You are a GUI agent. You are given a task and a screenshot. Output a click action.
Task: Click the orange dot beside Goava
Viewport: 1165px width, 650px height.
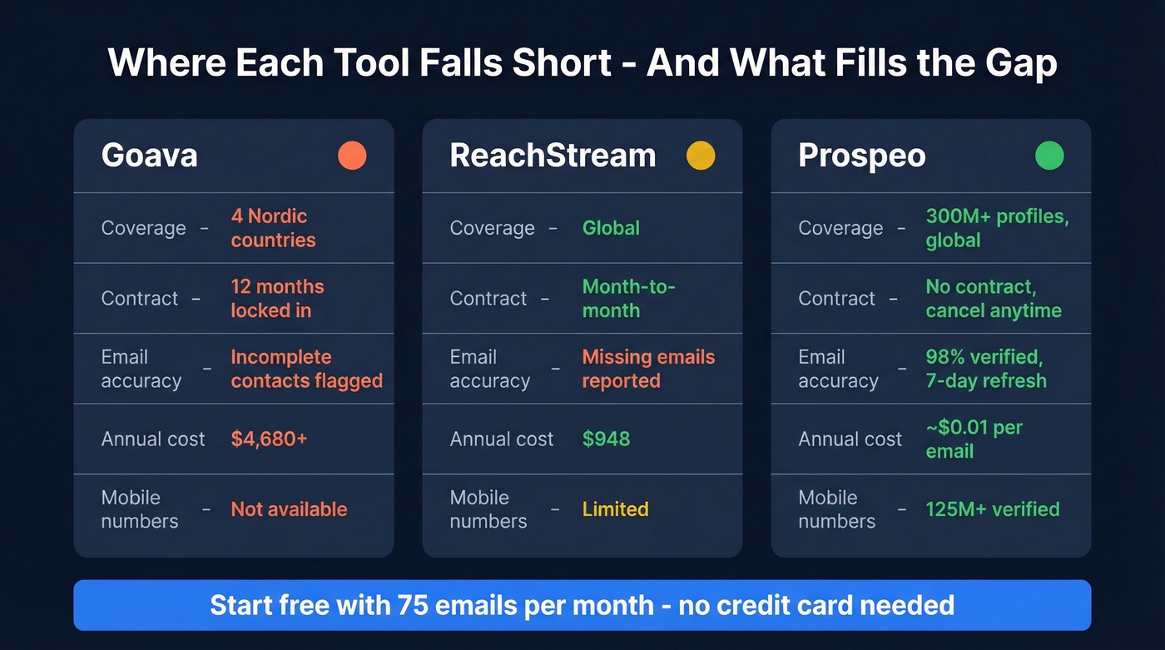(352, 156)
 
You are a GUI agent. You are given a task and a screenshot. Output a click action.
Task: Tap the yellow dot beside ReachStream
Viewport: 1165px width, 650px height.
(701, 156)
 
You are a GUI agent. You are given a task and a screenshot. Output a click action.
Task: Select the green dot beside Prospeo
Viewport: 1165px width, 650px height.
(1049, 156)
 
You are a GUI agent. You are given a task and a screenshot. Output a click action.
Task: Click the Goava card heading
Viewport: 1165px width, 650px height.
(150, 156)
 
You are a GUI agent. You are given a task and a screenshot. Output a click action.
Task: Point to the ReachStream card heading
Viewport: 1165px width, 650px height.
(553, 156)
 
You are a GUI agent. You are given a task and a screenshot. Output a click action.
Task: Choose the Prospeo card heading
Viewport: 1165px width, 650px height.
(861, 156)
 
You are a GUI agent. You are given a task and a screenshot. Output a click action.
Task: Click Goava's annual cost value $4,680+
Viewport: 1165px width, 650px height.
(269, 439)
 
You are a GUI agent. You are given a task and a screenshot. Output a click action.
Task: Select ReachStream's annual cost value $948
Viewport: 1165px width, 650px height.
(606, 439)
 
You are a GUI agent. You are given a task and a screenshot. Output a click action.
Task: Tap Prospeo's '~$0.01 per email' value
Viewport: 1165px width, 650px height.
(974, 439)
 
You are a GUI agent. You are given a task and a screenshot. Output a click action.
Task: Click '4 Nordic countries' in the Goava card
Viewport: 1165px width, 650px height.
(273, 228)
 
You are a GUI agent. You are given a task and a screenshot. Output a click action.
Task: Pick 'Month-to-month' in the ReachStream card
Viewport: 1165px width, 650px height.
(628, 298)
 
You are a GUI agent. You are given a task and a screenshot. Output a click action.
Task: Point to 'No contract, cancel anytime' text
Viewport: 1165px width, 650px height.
(994, 298)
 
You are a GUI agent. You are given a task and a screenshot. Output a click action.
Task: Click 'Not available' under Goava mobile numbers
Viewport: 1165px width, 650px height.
(289, 509)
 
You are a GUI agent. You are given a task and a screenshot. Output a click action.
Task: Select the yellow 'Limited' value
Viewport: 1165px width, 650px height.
(615, 509)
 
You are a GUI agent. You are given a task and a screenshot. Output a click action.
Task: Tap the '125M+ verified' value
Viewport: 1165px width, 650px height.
(993, 509)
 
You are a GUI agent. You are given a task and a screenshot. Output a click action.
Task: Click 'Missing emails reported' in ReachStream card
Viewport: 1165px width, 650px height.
(648, 369)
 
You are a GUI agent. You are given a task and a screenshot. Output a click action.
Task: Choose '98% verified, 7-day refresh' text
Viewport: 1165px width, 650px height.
(986, 369)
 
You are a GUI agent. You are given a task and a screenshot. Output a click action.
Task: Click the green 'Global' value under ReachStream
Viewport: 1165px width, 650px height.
(611, 228)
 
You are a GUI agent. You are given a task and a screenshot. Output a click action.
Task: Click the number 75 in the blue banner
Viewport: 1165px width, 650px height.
(413, 605)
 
